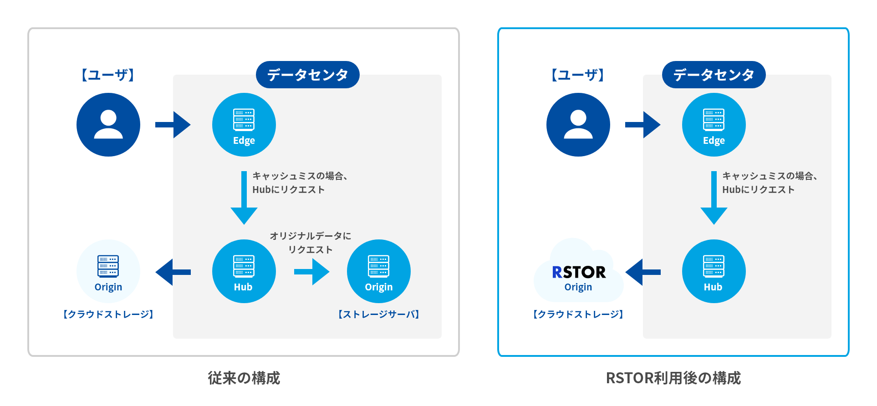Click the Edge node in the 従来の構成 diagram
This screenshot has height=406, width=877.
(244, 125)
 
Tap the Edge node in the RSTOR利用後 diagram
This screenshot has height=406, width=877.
(714, 125)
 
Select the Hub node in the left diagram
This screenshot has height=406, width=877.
(244, 271)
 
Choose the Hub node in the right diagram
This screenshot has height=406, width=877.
(714, 271)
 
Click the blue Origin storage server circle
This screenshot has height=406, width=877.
(378, 271)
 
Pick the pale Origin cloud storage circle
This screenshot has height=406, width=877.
(108, 271)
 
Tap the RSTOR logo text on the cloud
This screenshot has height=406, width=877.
(579, 272)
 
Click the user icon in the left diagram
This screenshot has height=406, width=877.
(108, 125)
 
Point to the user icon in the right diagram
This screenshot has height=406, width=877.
(578, 125)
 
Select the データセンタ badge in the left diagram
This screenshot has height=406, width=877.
(307, 75)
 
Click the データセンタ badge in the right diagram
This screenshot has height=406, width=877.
(714, 75)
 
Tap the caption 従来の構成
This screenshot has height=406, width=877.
(244, 378)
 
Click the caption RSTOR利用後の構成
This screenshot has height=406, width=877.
(673, 378)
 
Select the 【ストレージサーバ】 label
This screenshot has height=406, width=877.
(378, 315)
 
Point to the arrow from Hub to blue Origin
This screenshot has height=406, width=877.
(312, 272)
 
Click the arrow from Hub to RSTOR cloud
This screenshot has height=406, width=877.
(642, 272)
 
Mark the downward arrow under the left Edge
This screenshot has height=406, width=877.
(244, 198)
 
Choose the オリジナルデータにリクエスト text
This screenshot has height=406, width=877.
(311, 243)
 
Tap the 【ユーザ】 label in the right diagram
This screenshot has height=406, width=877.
(578, 75)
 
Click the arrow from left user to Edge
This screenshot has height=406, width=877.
(173, 125)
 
